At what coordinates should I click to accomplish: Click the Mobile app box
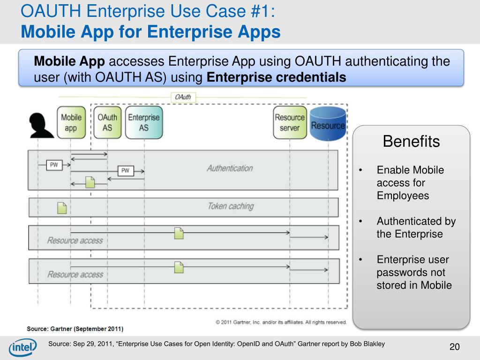click(x=71, y=122)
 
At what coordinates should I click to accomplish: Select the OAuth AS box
click(x=107, y=122)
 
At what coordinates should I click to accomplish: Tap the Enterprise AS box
click(x=144, y=122)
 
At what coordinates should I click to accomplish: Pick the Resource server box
click(x=290, y=122)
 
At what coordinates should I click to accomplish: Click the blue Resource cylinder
click(x=328, y=124)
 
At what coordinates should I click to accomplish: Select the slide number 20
click(x=454, y=347)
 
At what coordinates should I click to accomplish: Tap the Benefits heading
click(x=411, y=141)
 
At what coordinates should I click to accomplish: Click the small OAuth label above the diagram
click(x=183, y=97)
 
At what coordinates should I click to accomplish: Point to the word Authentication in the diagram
click(x=230, y=168)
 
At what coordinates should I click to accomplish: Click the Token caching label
click(x=231, y=206)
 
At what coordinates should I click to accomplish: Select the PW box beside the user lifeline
click(x=54, y=165)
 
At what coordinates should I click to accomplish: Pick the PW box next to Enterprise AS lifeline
click(x=125, y=171)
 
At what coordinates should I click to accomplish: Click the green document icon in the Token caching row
click(x=62, y=208)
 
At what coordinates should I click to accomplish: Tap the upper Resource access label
click(x=75, y=240)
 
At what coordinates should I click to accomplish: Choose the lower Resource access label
click(x=75, y=274)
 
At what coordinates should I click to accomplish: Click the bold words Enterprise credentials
click(x=277, y=77)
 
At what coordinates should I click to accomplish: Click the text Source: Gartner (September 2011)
click(x=75, y=329)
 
